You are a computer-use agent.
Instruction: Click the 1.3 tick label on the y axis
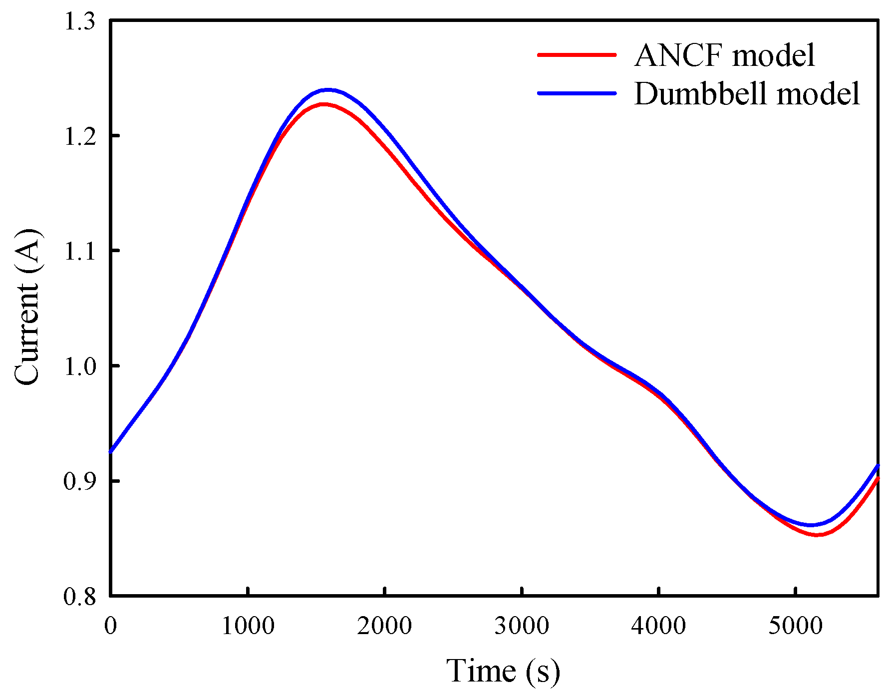click(x=80, y=21)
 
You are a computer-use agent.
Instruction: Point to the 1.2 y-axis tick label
click(x=80, y=136)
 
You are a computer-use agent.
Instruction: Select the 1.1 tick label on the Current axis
click(x=80, y=251)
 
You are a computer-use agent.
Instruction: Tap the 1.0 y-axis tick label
click(x=80, y=366)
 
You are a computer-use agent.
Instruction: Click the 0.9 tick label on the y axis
click(x=80, y=481)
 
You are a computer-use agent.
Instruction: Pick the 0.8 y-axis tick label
click(x=80, y=596)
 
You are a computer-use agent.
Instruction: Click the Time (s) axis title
click(x=503, y=670)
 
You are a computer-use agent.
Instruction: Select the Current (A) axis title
click(x=27, y=307)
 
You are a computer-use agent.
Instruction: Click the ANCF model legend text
click(x=724, y=55)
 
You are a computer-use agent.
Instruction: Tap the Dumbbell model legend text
click(x=747, y=93)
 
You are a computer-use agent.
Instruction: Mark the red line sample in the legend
click(x=577, y=54)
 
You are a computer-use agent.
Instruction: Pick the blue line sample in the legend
click(x=577, y=93)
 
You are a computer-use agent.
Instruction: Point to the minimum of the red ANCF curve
click(x=818, y=535)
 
